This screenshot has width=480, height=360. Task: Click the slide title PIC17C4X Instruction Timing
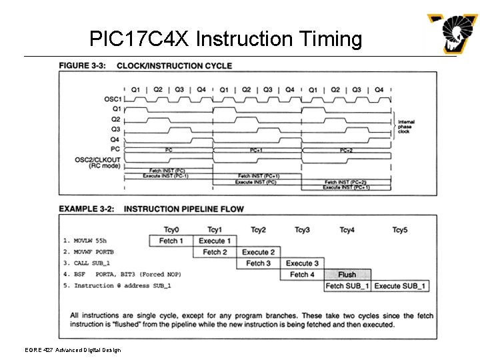226,39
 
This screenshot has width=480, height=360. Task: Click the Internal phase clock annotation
407,127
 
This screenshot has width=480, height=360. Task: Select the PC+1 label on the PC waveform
256,151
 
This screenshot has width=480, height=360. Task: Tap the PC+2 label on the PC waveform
345,151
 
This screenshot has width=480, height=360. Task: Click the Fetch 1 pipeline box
170,241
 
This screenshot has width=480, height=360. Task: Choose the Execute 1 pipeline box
214,241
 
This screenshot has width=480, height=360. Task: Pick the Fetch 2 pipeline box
215,252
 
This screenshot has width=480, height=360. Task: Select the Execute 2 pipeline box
258,252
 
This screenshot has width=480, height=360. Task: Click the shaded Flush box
347,274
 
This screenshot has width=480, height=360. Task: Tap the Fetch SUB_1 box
347,286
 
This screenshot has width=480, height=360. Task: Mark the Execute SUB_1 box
400,286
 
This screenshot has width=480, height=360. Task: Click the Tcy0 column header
170,230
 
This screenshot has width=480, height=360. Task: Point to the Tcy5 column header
400,230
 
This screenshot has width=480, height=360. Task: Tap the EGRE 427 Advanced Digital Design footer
65,350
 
